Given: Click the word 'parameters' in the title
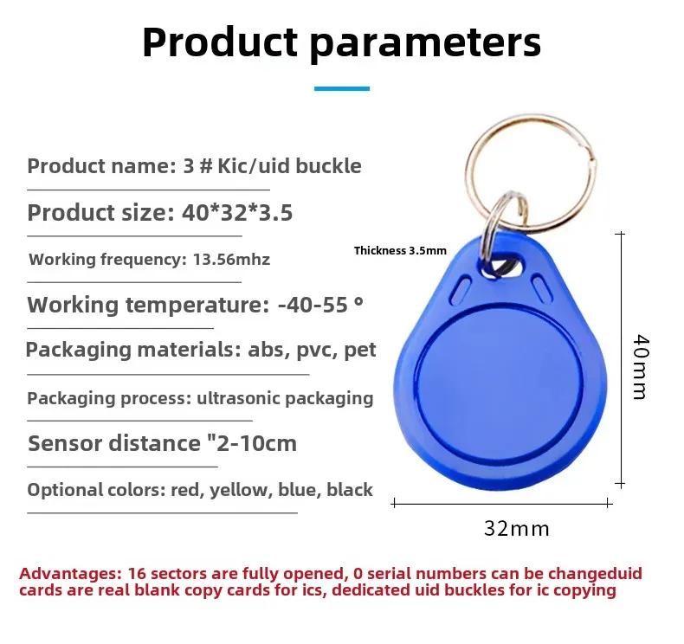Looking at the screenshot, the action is (x=425, y=43).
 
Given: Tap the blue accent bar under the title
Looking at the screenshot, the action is (x=341, y=88).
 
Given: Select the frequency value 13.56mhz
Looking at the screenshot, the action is (x=231, y=260).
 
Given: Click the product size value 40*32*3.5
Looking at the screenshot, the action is (x=237, y=213).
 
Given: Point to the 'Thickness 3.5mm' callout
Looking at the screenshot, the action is (x=400, y=251).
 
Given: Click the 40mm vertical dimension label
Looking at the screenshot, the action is (x=641, y=367).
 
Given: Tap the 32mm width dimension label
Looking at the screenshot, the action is (x=517, y=529).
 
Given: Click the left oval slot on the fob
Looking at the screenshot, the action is (x=461, y=289).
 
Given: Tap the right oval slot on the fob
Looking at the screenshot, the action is (x=542, y=287).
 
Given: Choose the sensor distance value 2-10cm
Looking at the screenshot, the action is (x=256, y=444).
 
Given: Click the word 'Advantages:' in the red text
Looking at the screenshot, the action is (x=70, y=573).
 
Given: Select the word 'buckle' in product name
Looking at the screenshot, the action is (x=328, y=166).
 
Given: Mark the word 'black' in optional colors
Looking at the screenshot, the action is (x=350, y=490).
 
